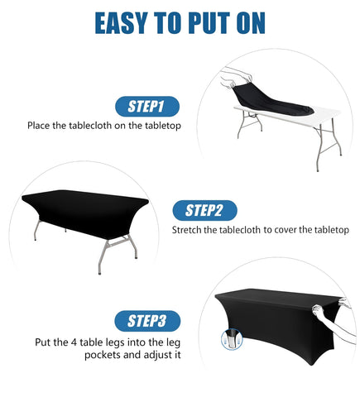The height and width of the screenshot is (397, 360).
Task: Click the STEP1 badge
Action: point(146,106)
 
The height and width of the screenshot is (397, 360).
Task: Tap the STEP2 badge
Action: point(204,210)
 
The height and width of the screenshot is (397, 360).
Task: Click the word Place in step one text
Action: point(41,126)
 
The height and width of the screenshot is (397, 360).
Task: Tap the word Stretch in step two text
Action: point(189,230)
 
